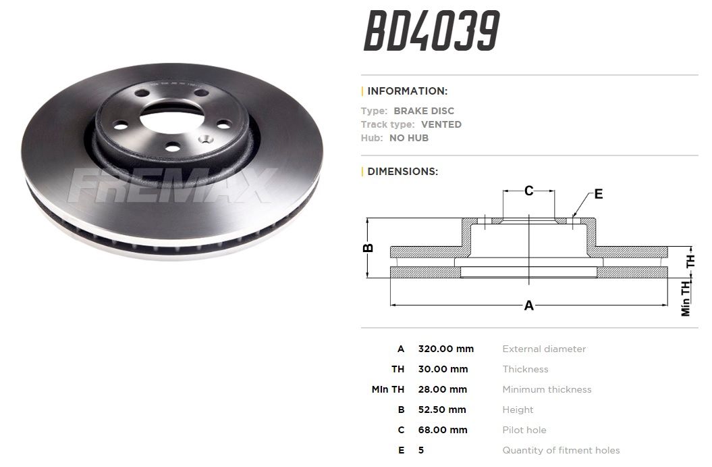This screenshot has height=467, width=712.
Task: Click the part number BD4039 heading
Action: click(x=431, y=31)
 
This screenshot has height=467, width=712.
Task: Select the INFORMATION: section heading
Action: click(x=408, y=91)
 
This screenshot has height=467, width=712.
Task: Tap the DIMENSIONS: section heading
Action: click(x=402, y=172)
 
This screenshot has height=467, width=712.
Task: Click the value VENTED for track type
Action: click(x=441, y=124)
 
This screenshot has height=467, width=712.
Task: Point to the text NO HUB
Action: click(x=409, y=138)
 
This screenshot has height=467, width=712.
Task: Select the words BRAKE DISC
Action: click(x=424, y=110)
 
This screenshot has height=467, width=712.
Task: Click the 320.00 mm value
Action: click(x=445, y=349)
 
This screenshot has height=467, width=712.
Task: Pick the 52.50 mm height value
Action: click(x=442, y=410)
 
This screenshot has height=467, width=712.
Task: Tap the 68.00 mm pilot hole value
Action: click(x=442, y=430)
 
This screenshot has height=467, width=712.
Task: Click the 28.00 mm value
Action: click(x=442, y=389)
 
